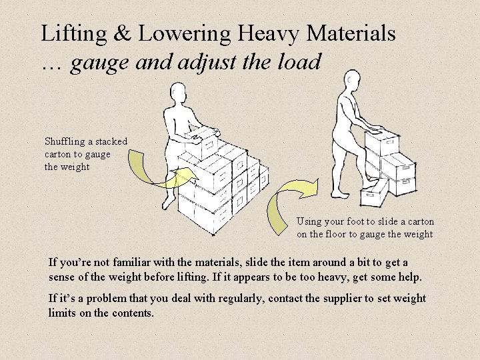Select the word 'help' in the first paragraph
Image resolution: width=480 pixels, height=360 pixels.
pyautogui.click(x=407, y=276)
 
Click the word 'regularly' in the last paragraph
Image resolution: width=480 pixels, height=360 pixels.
pyautogui.click(x=237, y=298)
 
